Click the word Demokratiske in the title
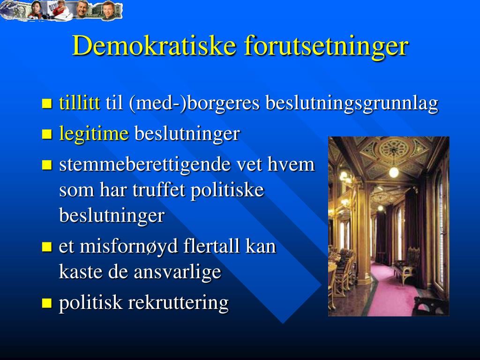(x=154, y=45)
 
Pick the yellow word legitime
(x=94, y=134)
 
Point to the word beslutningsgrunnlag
(x=352, y=104)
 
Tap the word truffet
(x=158, y=190)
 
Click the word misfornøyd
(x=128, y=247)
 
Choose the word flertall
(x=212, y=246)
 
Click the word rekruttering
(x=178, y=303)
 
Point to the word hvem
(x=291, y=165)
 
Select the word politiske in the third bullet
(x=227, y=190)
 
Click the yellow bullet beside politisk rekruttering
(x=47, y=303)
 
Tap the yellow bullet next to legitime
(x=47, y=134)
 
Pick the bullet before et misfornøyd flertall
(x=47, y=247)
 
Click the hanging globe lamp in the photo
(x=394, y=172)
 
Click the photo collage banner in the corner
(x=61, y=11)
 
